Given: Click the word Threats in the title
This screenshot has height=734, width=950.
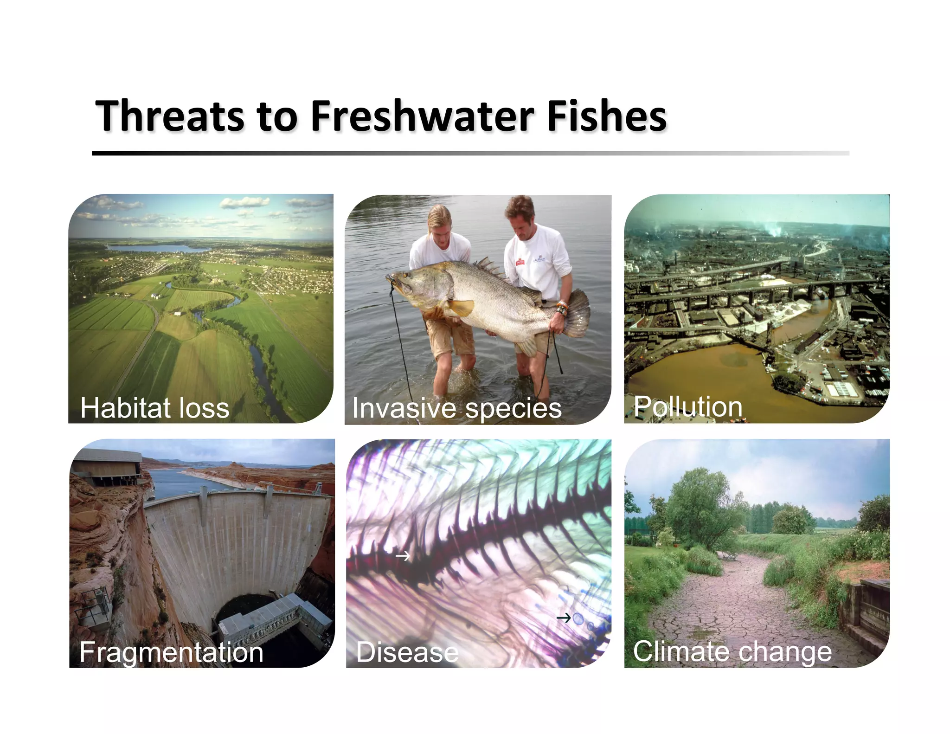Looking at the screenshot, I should (170, 116).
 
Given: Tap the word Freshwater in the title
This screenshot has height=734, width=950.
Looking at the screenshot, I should (422, 116).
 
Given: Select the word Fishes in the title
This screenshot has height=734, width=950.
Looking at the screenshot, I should (607, 116).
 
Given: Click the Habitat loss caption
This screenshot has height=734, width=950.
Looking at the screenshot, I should (155, 408).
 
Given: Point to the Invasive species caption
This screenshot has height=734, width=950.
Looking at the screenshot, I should (457, 408).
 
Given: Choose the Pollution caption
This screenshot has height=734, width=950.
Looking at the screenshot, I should (688, 407).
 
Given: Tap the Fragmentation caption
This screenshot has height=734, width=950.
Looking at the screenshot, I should (171, 652).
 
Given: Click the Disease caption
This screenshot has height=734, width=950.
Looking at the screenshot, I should (407, 652).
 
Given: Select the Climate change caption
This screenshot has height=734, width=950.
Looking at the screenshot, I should (732, 651).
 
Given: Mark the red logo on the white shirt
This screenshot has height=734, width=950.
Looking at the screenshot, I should (520, 262).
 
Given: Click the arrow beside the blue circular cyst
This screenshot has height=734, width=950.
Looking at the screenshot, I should (563, 618).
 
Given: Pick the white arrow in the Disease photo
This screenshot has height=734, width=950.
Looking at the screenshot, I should (403, 555).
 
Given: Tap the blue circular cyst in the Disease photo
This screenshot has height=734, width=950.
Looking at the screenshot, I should (578, 618).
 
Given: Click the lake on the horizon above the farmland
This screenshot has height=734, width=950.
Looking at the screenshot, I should (158, 248).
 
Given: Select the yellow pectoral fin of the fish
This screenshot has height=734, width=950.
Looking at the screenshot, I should (460, 307).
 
